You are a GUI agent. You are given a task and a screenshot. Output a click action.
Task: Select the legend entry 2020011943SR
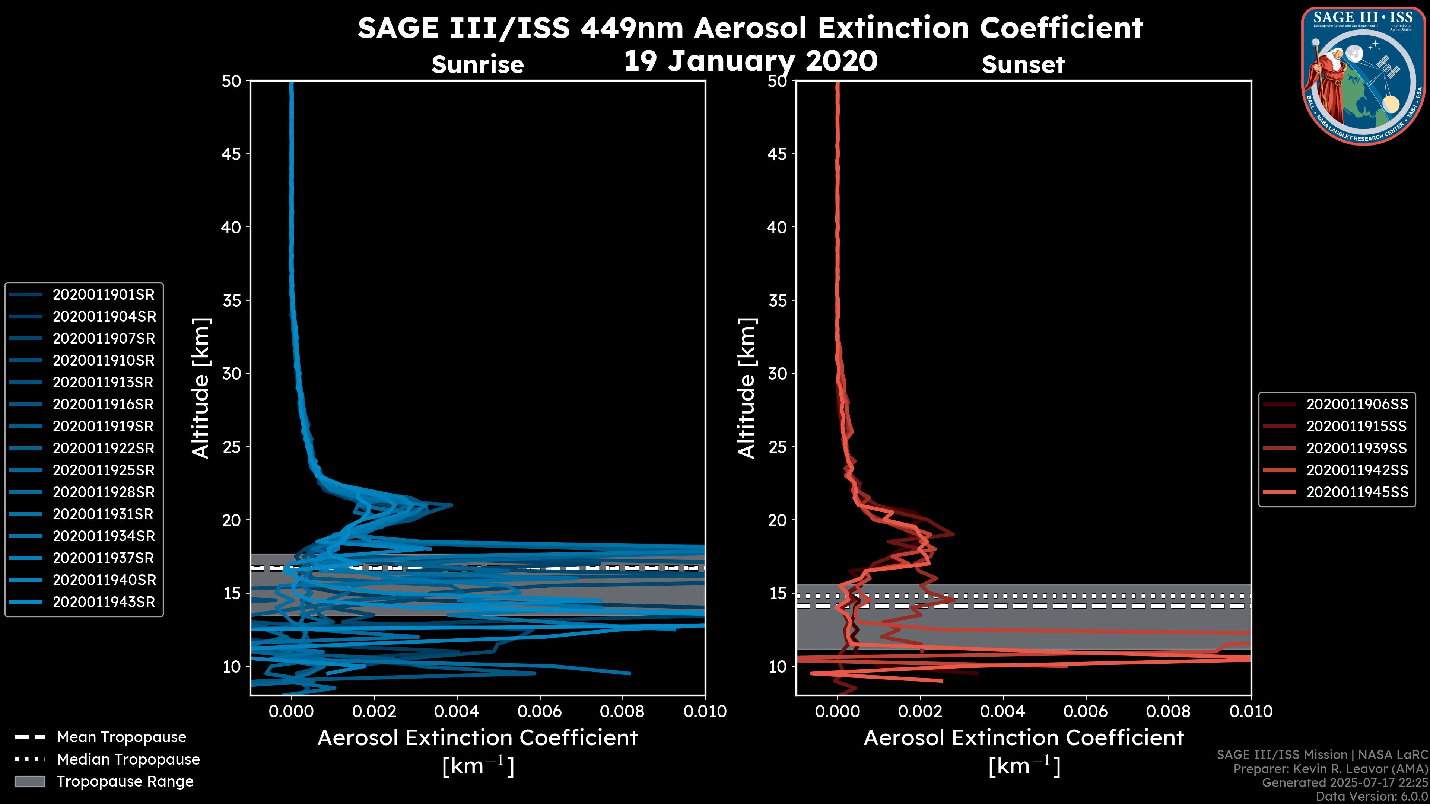tap(103, 602)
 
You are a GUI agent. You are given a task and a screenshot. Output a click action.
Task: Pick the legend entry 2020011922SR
tap(103, 448)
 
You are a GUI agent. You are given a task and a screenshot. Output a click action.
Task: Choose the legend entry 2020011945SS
tap(1357, 492)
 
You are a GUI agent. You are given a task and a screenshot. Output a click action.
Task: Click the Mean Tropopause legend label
tap(121, 737)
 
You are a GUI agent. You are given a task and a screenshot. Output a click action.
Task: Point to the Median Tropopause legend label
tap(128, 759)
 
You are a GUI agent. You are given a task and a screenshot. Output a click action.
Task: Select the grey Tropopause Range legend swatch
tap(29, 781)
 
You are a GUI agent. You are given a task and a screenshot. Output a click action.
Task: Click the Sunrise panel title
tap(477, 65)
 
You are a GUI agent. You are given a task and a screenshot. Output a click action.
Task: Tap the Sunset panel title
tap(1023, 65)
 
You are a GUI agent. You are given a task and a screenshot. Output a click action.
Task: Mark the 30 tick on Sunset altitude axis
tap(777, 373)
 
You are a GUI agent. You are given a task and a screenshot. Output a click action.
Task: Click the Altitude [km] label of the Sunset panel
tap(747, 388)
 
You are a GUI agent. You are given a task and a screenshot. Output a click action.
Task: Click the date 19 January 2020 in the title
tap(750, 61)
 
